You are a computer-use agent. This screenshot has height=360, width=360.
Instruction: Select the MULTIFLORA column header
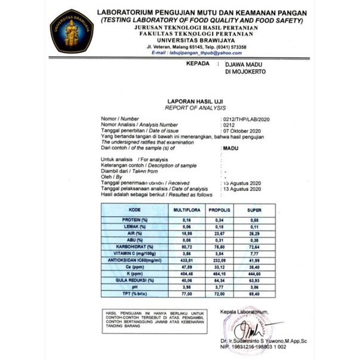pyautogui.click(x=185, y=211)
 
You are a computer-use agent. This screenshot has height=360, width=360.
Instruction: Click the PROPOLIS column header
pyautogui.click(x=220, y=211)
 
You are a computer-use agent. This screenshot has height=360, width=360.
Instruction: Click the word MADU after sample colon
pyautogui.click(x=229, y=147)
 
